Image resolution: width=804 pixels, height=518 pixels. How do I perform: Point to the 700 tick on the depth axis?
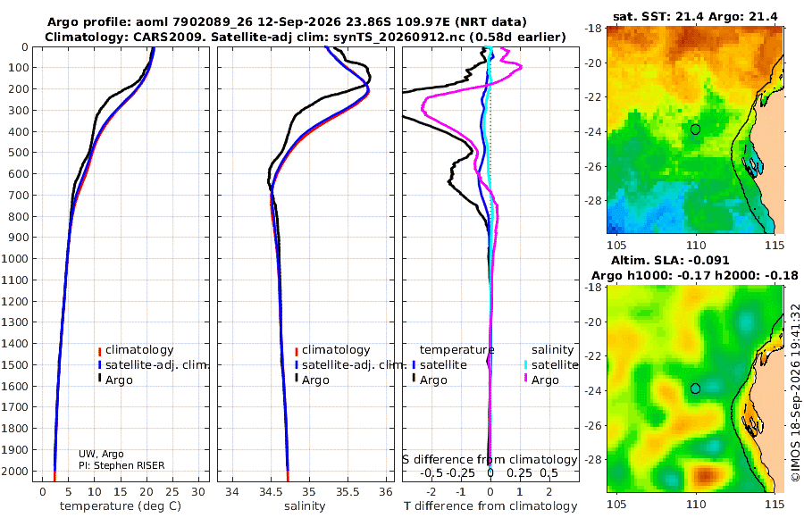point(18,195)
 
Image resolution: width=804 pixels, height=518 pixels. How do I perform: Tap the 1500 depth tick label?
point(15,364)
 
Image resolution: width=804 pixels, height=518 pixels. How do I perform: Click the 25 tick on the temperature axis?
point(172,492)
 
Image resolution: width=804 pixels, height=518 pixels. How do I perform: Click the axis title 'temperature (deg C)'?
point(121,506)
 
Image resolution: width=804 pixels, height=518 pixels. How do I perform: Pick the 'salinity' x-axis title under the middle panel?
point(305,506)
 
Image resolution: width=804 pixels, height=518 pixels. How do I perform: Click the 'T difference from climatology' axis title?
point(490,506)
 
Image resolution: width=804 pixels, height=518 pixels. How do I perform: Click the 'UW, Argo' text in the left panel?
point(101,454)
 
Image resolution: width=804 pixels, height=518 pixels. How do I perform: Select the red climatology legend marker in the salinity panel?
point(297,351)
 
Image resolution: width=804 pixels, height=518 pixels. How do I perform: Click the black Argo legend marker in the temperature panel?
point(100,379)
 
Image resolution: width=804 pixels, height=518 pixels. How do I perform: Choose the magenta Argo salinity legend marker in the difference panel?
point(525,379)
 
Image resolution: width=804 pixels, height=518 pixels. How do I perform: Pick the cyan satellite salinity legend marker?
point(525,364)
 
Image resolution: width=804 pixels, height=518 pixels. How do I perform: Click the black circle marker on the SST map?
point(695,129)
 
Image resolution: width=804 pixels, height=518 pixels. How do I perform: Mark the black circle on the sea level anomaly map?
point(695,388)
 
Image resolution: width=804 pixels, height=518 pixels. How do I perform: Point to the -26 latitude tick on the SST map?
point(593,167)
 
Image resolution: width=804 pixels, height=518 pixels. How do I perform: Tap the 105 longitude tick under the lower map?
point(616,504)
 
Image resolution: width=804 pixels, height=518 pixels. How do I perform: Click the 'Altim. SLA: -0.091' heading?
point(670,261)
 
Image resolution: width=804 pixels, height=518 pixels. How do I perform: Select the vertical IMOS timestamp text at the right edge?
point(795,392)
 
